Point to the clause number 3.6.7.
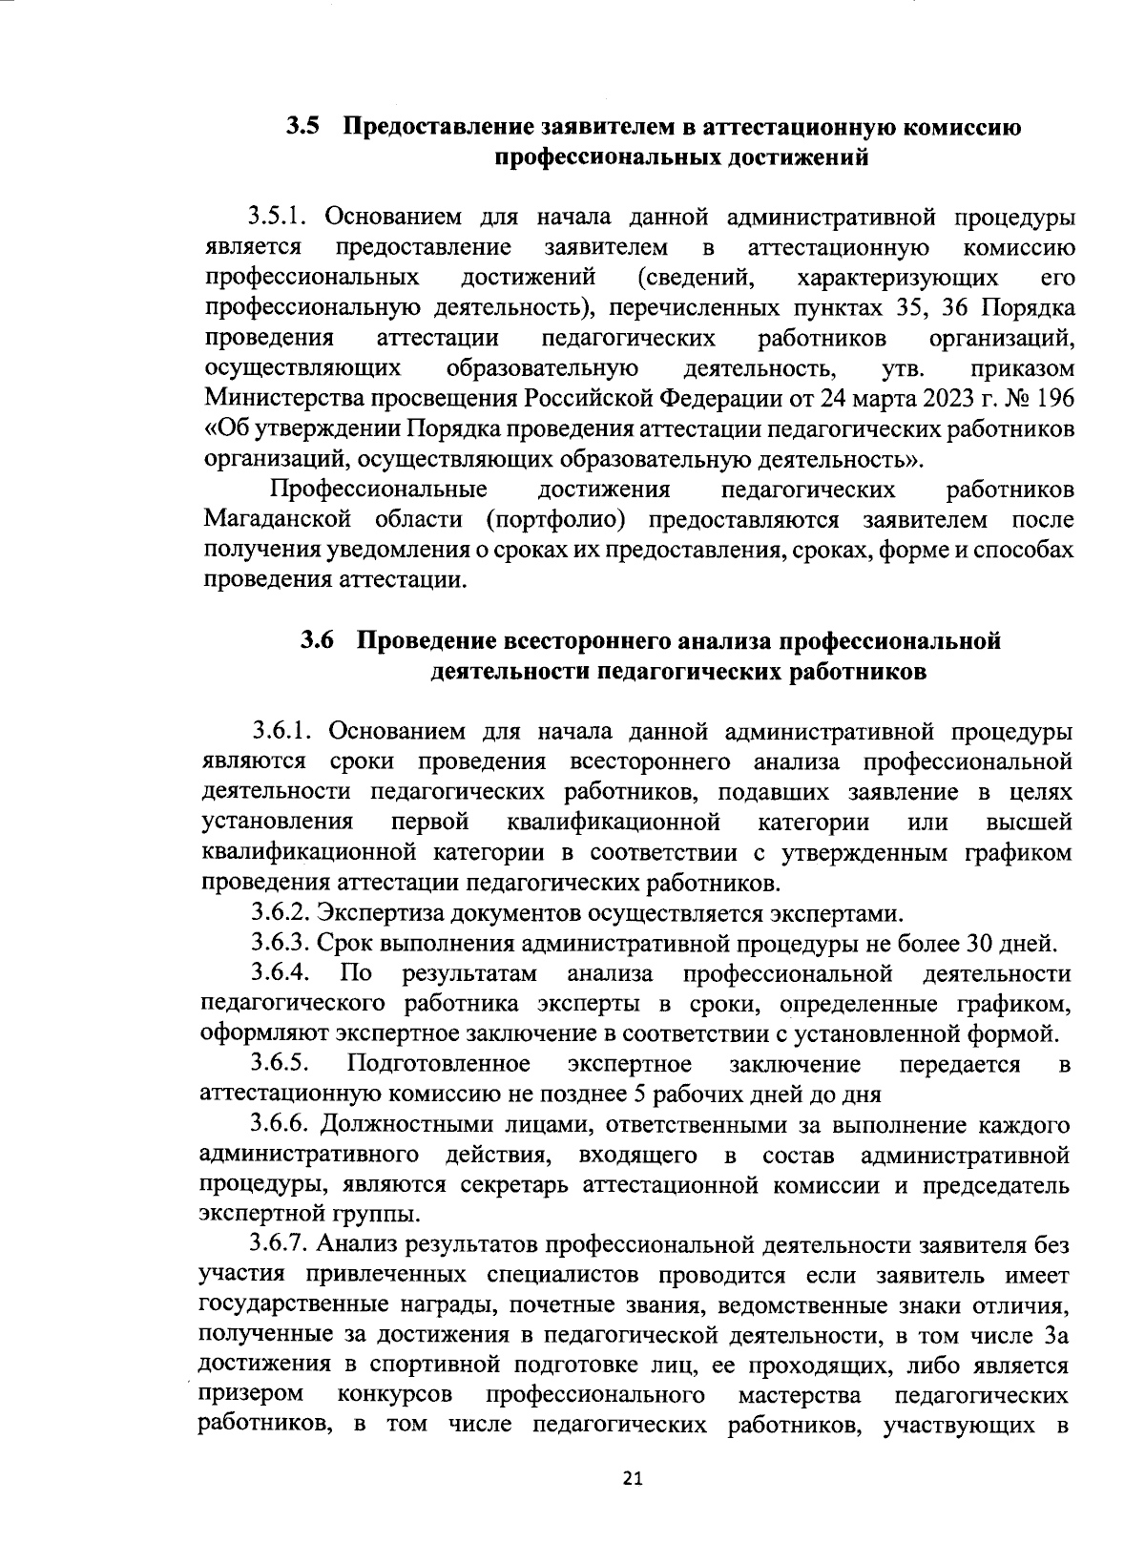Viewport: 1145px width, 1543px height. pyautogui.click(x=278, y=1245)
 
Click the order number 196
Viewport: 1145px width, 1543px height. pyautogui.click(x=1056, y=398)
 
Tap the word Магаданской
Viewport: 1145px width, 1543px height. pyautogui.click(x=278, y=520)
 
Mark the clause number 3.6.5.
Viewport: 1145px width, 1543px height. pyautogui.click(x=278, y=1064)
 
